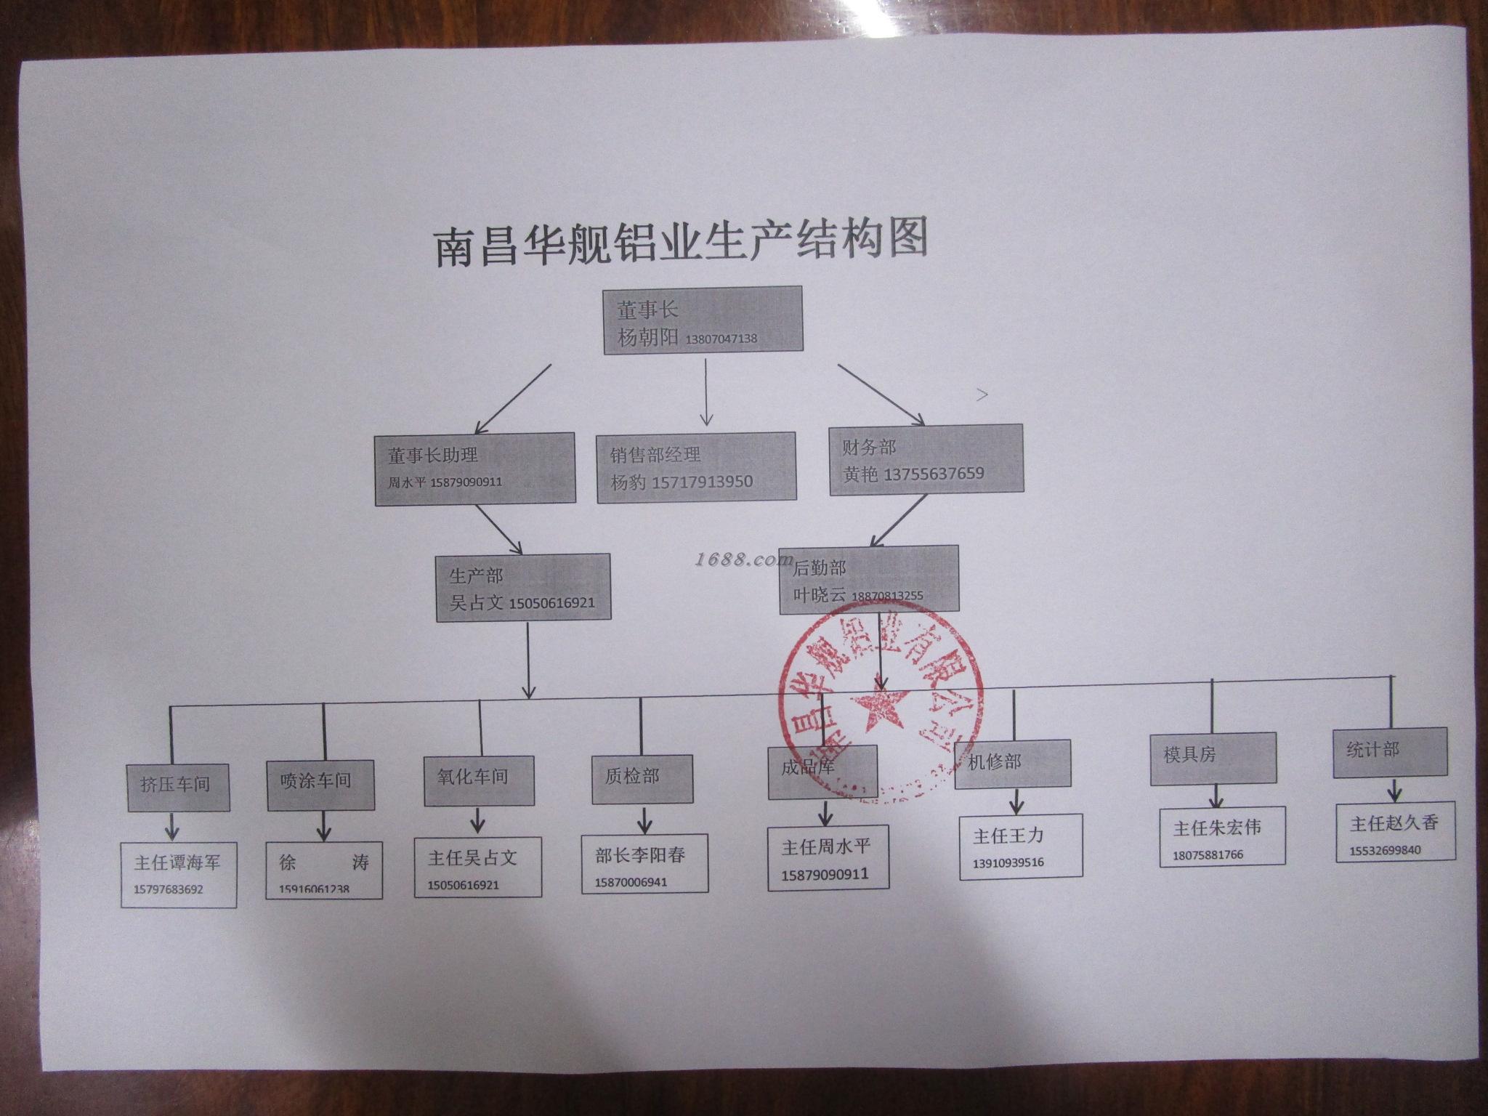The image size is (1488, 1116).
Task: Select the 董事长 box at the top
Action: tap(703, 320)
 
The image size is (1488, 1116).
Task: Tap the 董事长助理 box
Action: tap(475, 468)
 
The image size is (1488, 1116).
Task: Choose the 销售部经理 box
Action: tap(696, 467)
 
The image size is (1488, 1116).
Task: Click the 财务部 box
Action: tap(926, 460)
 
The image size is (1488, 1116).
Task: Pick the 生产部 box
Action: tap(522, 588)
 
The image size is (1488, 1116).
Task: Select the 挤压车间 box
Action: tap(178, 787)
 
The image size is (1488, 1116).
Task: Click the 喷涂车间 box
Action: tap(320, 785)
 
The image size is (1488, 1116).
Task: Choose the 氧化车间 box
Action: tap(479, 780)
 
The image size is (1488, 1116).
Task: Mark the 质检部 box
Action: tap(642, 779)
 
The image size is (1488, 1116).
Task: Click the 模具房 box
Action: tap(1213, 758)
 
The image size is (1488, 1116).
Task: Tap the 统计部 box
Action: tap(1389, 752)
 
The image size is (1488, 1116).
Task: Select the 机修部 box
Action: tap(1012, 764)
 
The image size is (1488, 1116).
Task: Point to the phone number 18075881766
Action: tap(1208, 854)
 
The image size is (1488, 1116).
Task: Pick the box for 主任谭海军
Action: tap(178, 874)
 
